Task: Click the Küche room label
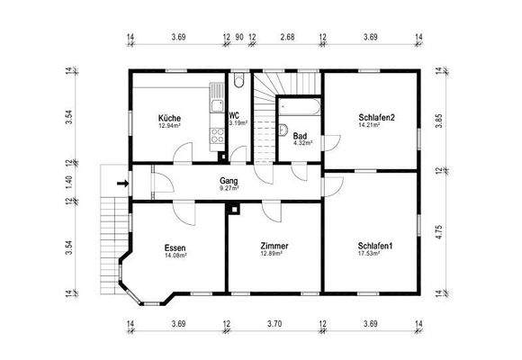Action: (169, 119)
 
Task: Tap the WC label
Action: (234, 115)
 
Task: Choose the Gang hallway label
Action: (229, 181)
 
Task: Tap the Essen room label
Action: (175, 247)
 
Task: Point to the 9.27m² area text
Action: (229, 189)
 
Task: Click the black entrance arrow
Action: (123, 184)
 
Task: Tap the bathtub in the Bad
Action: (298, 105)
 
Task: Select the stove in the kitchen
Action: (217, 137)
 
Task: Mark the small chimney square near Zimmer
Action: (235, 210)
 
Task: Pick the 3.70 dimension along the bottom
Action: (274, 323)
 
